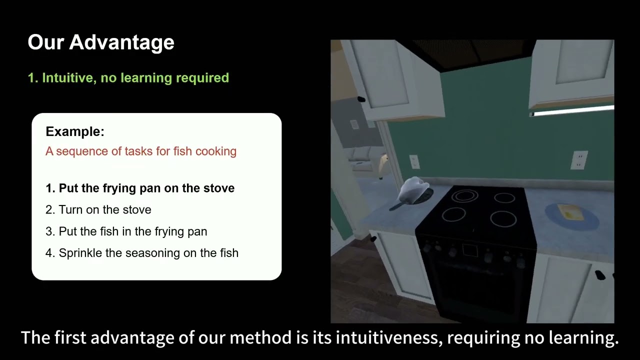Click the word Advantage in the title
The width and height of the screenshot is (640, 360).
pyautogui.click(x=121, y=42)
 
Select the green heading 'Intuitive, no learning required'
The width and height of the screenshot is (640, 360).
pyautogui.click(x=135, y=78)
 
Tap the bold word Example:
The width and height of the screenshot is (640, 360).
pyautogui.click(x=75, y=131)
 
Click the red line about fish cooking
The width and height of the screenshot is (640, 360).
pyautogui.click(x=140, y=151)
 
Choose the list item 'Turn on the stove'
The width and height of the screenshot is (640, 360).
pyautogui.click(x=104, y=210)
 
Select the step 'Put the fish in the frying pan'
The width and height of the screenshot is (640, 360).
pyautogui.click(x=132, y=231)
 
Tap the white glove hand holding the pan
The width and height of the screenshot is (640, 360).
pyautogui.click(x=415, y=188)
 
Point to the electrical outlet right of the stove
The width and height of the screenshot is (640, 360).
pyautogui.click(x=578, y=159)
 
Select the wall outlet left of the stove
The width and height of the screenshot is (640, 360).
pyautogui.click(x=414, y=161)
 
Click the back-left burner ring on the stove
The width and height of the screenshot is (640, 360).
pyautogui.click(x=464, y=196)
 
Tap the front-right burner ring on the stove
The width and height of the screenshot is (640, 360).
pyautogui.click(x=503, y=219)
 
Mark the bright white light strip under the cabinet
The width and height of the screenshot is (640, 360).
pyautogui.click(x=572, y=111)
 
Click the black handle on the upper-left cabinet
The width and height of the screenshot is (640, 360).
pyautogui.click(x=360, y=99)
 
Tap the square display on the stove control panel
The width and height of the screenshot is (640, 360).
pyautogui.click(x=470, y=250)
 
